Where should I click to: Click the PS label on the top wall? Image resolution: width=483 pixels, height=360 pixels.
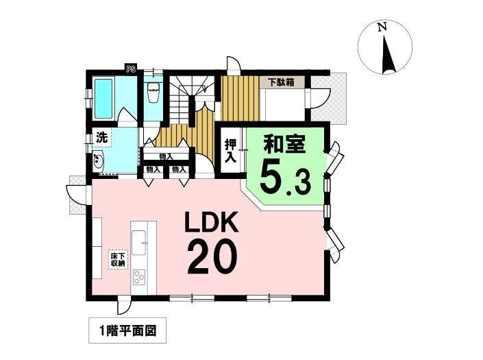131,69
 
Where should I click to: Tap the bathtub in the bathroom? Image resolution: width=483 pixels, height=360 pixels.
103,99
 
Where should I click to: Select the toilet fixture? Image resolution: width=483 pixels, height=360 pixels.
153,92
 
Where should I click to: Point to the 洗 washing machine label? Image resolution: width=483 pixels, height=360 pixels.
102,137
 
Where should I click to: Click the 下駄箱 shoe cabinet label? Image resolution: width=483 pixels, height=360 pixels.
281,82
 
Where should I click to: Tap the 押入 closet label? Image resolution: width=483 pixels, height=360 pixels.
231,151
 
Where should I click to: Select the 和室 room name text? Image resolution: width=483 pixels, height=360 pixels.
284,144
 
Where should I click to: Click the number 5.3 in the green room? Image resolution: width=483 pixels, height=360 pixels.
285,180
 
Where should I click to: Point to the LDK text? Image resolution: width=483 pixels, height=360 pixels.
211,222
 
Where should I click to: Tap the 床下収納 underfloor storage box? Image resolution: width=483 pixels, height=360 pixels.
118,259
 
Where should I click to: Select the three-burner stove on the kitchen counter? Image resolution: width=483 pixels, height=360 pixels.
139,277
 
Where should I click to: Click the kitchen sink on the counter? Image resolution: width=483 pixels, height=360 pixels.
139,242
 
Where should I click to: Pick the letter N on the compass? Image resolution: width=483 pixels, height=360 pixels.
382,27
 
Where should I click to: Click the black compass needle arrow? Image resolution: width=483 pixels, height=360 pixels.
388,55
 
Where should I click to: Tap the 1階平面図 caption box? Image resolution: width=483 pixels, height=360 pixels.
127,331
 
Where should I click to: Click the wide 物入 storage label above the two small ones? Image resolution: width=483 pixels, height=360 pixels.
166,156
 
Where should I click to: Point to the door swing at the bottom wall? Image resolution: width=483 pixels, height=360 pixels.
125,305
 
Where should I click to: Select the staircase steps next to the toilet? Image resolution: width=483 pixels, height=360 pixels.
182,99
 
